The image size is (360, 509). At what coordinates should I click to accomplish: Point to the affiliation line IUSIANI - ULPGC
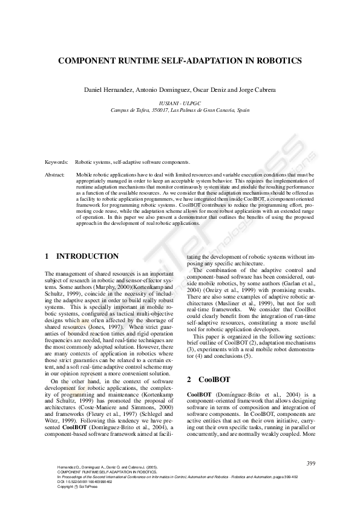180,104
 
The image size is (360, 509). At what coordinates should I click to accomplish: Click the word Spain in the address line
243,111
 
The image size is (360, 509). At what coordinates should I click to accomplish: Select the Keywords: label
56,163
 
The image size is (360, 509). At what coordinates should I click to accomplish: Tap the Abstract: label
55,174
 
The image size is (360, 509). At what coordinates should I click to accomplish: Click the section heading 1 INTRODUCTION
82,256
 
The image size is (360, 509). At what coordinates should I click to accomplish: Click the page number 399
311,463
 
